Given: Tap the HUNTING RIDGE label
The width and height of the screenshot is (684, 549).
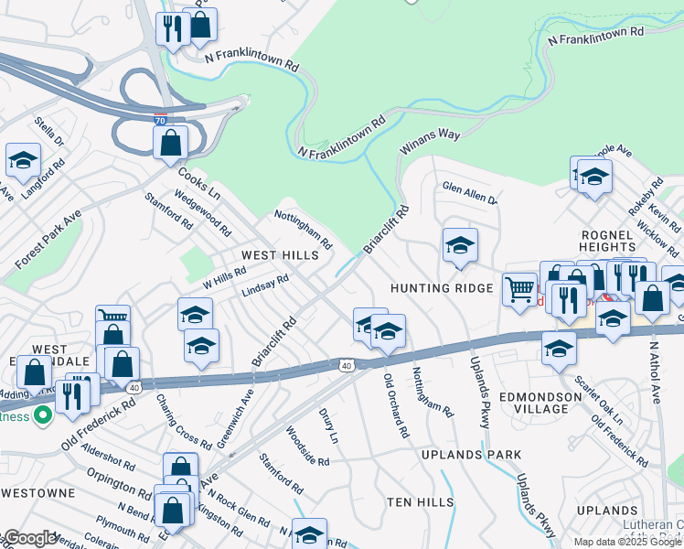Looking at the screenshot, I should click(x=443, y=287).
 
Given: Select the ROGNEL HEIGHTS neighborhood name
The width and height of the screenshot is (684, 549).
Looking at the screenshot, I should click(x=607, y=241).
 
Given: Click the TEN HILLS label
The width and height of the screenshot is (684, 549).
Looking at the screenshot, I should click(x=420, y=502).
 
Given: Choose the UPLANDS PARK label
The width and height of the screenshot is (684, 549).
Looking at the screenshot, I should click(x=472, y=454).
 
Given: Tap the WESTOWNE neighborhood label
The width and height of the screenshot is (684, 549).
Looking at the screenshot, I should click(x=38, y=492).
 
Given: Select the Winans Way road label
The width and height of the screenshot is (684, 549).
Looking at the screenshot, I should click(x=429, y=143).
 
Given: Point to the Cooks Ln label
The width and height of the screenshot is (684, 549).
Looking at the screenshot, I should click(x=199, y=182).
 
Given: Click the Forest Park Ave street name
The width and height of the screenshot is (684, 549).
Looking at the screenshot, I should click(x=48, y=239).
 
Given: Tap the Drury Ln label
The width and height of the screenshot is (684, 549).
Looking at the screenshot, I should click(x=329, y=425).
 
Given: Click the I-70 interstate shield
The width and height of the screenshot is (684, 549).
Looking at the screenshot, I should click(x=161, y=118).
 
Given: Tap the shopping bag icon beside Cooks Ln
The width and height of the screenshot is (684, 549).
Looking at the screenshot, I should click(x=170, y=143).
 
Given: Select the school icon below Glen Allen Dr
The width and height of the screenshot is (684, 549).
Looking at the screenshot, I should click(x=460, y=244).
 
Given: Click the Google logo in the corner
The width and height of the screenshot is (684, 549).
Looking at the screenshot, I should click(x=30, y=538).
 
